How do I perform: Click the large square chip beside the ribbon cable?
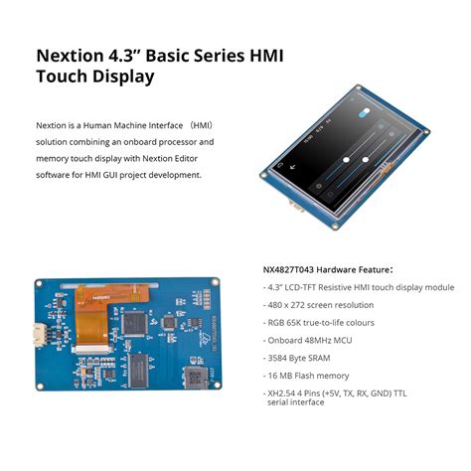coord(156,327)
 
